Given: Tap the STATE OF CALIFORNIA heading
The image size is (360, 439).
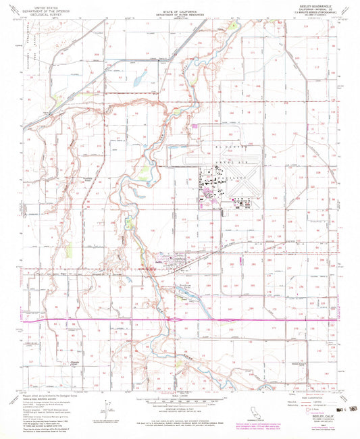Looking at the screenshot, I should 179,6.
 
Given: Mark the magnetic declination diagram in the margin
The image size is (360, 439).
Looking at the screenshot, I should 106,408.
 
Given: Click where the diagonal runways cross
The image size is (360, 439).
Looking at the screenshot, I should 249,181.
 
